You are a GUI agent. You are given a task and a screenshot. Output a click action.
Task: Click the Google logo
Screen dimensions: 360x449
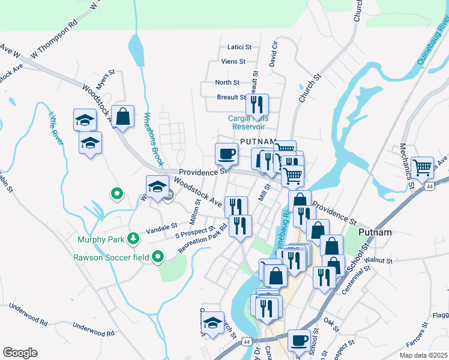click(20, 353)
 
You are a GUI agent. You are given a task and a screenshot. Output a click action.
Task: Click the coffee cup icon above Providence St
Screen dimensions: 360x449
click(227, 154)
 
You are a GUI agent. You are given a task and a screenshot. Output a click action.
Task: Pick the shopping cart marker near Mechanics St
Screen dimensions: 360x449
click(424, 167)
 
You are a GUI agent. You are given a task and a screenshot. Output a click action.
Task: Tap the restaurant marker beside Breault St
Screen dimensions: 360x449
click(257, 105)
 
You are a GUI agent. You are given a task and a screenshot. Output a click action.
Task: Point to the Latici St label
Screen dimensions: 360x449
click(239, 47)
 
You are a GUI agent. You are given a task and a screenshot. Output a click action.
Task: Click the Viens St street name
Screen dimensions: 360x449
click(234, 61)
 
